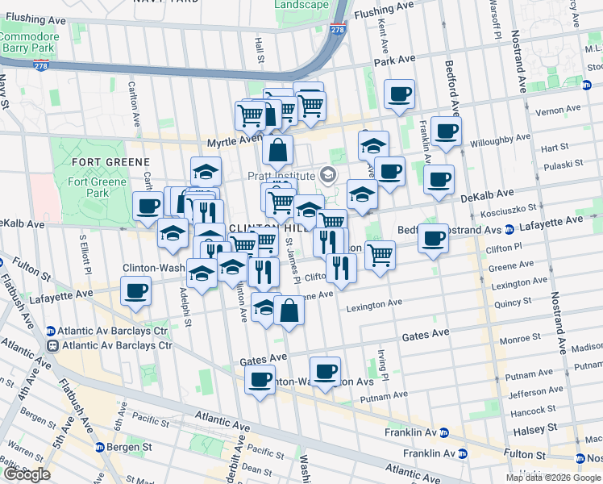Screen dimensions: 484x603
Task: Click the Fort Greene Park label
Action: (98, 187)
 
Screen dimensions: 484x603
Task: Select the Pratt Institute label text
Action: (281, 175)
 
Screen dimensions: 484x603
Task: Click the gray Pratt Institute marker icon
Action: (327, 174)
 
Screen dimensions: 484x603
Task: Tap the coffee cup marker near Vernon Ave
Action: (399, 95)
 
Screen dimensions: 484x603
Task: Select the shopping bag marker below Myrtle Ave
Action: (277, 150)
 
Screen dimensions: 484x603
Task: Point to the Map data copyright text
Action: (553, 478)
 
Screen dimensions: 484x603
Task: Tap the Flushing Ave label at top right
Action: (384, 11)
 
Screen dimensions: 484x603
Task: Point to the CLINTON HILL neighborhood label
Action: (256, 228)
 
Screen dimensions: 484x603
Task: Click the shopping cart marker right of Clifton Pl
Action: (380, 255)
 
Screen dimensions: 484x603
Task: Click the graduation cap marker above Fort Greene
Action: (206, 171)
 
